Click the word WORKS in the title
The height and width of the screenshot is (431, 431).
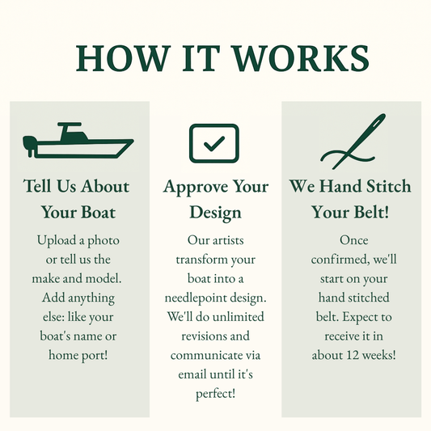pyautogui.click(x=301, y=58)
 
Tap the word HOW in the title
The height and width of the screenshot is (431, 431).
pyautogui.click(x=122, y=58)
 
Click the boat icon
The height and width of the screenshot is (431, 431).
pyautogui.click(x=78, y=141)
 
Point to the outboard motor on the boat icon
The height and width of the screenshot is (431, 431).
pyautogui.click(x=29, y=145)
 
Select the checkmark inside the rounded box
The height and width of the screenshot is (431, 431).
pyautogui.click(x=214, y=143)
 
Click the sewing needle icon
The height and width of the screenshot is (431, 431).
pyautogui.click(x=353, y=142)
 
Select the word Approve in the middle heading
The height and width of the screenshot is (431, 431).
pyautogui.click(x=195, y=187)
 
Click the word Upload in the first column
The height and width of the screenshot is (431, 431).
pyautogui.click(x=57, y=240)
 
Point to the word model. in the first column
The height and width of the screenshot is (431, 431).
pyautogui.click(x=104, y=279)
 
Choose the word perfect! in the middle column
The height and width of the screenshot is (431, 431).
pyautogui.click(x=215, y=394)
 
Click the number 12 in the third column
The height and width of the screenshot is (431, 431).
pyautogui.click(x=353, y=355)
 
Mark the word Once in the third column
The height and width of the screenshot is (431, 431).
pyautogui.click(x=353, y=240)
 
